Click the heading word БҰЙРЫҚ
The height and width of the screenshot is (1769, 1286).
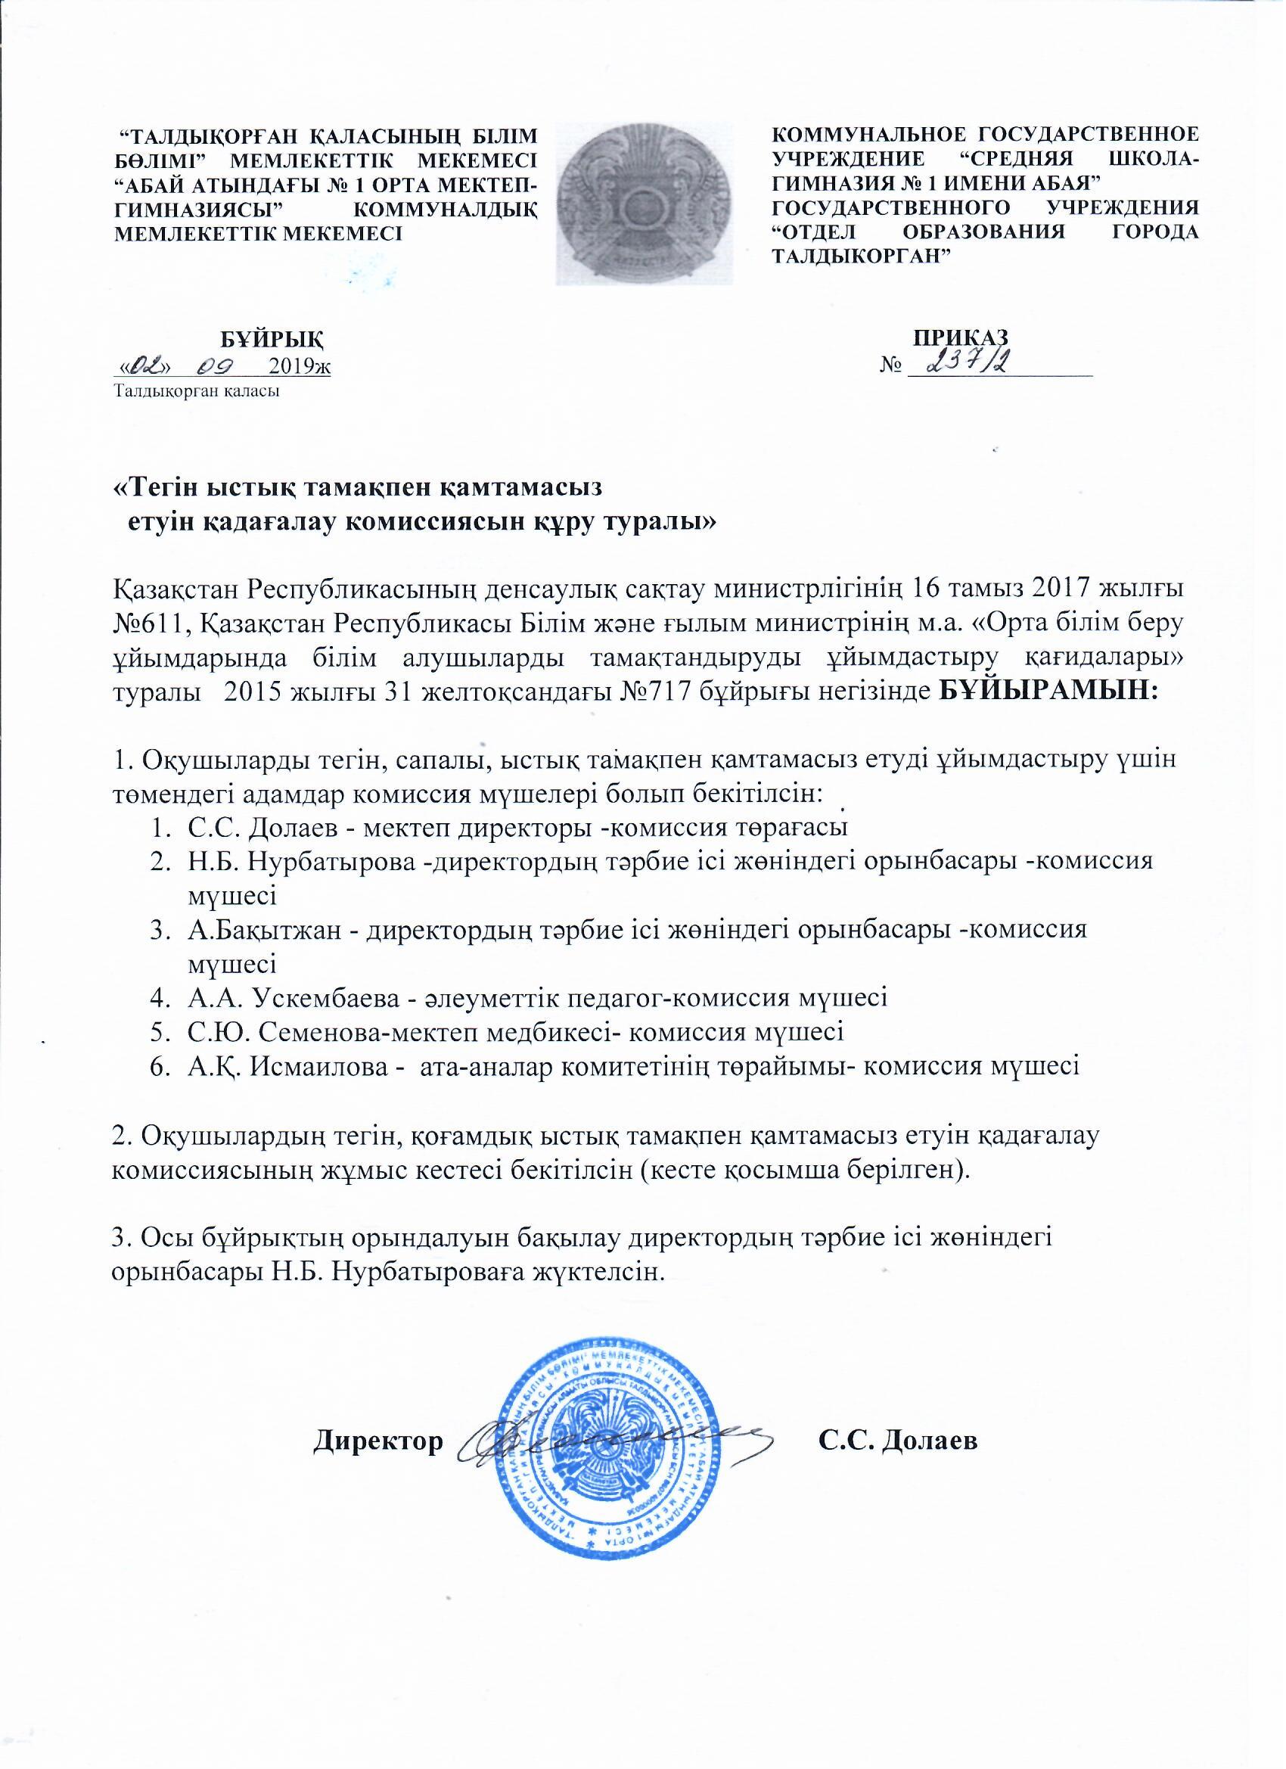click(x=271, y=339)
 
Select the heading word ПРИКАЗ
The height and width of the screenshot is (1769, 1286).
click(x=961, y=336)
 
